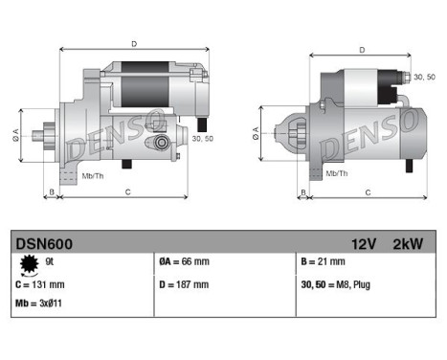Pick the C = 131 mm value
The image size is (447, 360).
(41, 285)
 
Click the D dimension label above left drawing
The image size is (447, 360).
(133, 44)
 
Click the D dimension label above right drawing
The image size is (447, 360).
(361, 49)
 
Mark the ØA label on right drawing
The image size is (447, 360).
(257, 130)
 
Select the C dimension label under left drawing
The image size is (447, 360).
(127, 192)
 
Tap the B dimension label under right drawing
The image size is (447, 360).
(304, 192)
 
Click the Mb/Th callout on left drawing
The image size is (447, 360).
(93, 177)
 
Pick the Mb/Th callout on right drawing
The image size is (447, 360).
(336, 172)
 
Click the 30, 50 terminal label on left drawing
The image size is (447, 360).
(202, 139)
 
